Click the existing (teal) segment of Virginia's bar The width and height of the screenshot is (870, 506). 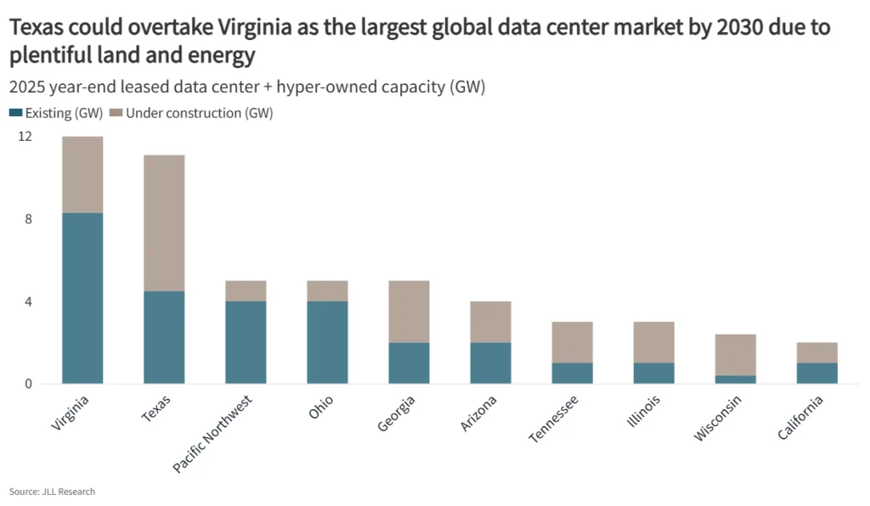coord(82,298)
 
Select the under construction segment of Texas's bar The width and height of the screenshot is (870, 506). coord(164,223)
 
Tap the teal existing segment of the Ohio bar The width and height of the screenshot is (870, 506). coord(327,342)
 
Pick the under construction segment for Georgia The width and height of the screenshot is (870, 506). coord(409,312)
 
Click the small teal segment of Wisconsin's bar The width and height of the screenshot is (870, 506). coord(736,379)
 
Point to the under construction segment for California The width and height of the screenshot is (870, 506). coord(817,352)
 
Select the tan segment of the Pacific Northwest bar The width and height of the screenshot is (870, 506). coord(246,290)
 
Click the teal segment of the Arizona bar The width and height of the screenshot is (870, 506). coord(491,363)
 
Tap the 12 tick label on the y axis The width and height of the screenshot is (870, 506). coord(25,137)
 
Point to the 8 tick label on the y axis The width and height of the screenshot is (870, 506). coord(28,219)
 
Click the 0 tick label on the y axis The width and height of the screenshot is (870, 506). coord(28,384)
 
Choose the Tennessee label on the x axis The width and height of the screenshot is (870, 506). coord(555,418)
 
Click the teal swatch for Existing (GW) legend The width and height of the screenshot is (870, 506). coord(15,113)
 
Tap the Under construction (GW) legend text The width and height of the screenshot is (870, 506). coord(199,113)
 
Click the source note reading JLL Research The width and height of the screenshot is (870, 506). coord(52,492)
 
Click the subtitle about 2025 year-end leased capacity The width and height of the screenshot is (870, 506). coord(246,87)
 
